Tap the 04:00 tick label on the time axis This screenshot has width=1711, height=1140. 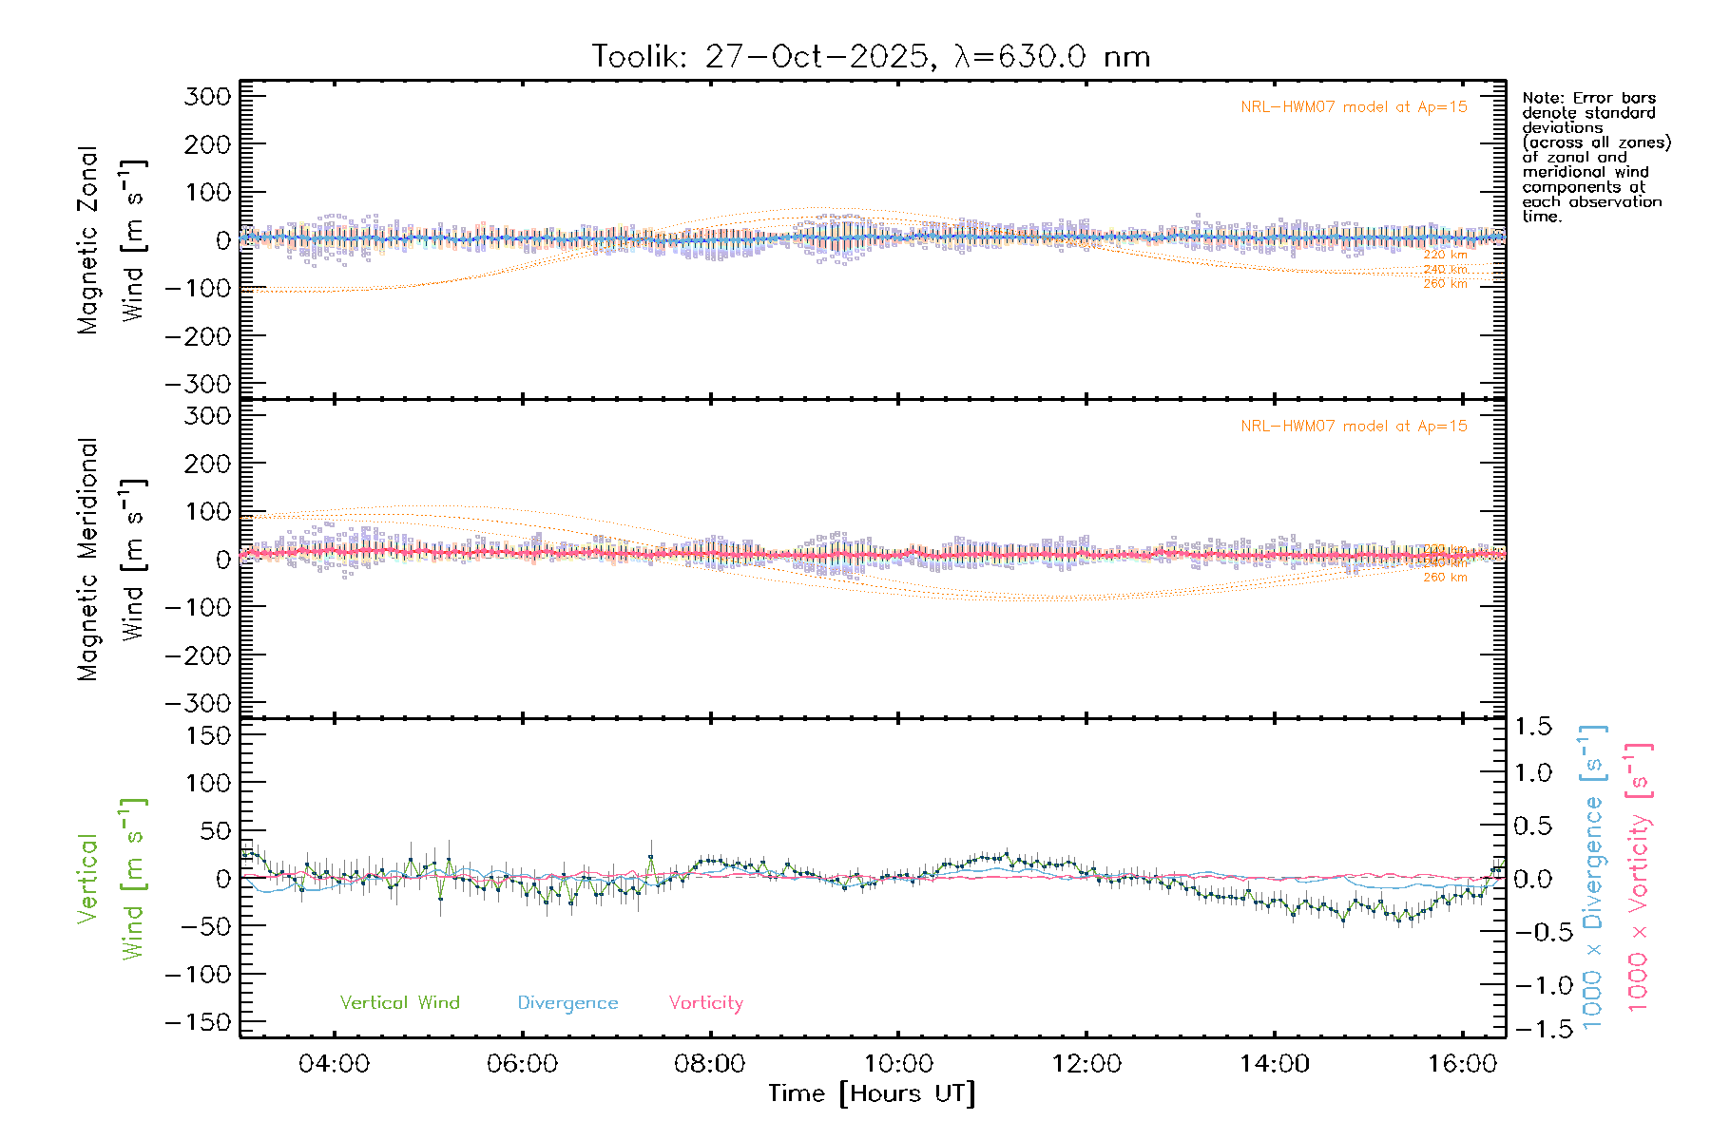point(334,1064)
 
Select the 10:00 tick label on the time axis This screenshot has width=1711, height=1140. point(899,1064)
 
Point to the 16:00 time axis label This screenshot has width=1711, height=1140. point(1462,1064)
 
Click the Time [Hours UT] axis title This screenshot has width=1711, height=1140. point(872,1094)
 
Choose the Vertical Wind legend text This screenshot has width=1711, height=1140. point(399,1003)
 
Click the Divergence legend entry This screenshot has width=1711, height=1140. point(567,1003)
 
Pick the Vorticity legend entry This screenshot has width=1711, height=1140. point(705,1003)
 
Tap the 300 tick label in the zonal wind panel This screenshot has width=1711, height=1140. point(207,97)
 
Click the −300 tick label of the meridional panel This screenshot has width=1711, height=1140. point(198,704)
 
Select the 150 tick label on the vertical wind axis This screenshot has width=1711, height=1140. point(207,735)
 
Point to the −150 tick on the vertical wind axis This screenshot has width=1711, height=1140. point(198,1023)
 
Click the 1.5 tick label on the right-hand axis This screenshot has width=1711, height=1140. point(1533,727)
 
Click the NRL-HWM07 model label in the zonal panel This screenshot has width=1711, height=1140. point(1354,107)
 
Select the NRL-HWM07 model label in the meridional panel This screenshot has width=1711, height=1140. point(1354,427)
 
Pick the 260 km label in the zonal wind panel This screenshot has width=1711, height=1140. point(1445,284)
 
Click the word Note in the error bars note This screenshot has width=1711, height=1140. point(1541,99)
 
